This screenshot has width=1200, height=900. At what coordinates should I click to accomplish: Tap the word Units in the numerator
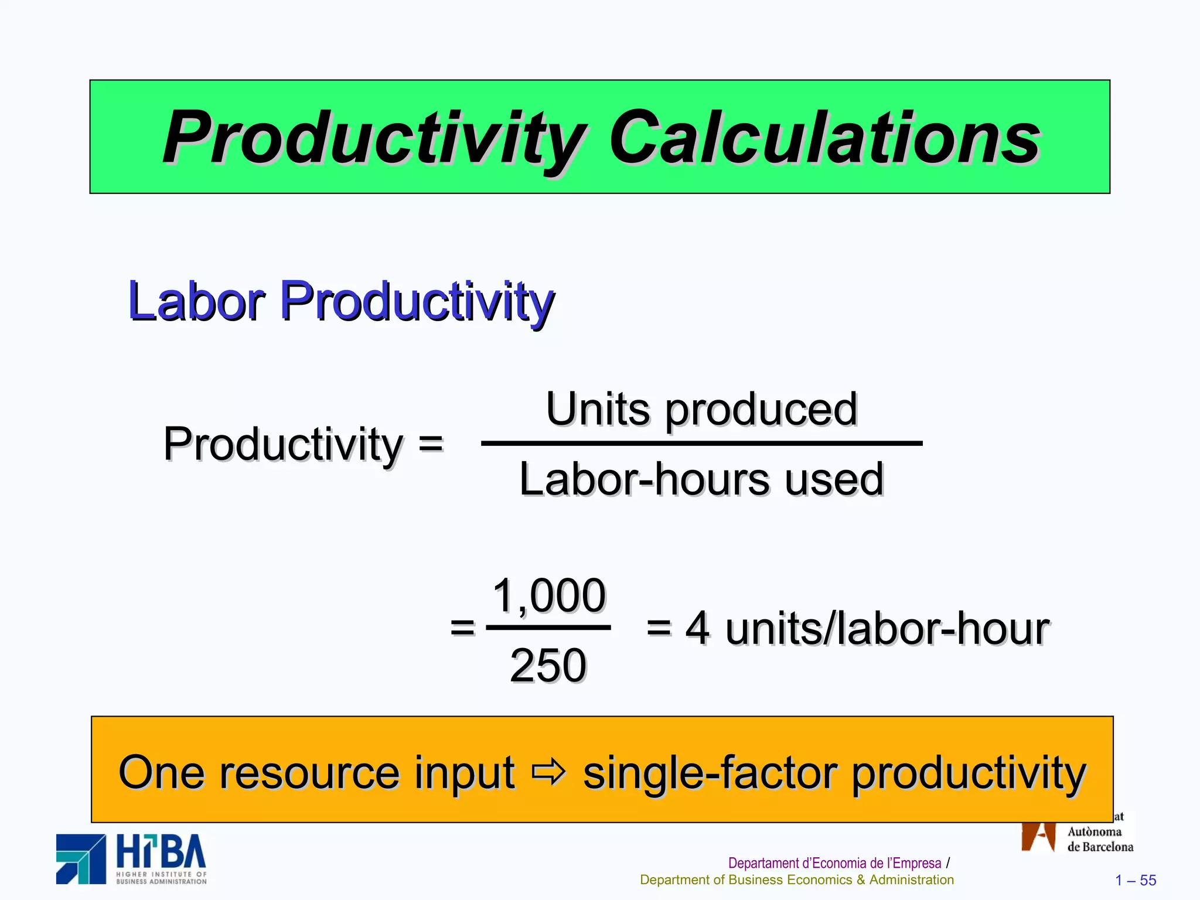point(598,409)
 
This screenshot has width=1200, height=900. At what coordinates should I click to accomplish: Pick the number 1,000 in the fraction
point(549,595)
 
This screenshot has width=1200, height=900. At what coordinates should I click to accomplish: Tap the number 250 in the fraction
point(548,666)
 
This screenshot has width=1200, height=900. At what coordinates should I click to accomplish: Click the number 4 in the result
point(697,629)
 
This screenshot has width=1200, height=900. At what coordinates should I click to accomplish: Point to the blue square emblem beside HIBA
point(81,859)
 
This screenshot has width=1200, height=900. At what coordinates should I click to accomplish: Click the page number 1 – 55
point(1136,880)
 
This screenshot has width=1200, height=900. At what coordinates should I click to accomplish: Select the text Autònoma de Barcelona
point(1100,839)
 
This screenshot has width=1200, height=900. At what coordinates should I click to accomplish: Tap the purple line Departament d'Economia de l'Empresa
point(834,863)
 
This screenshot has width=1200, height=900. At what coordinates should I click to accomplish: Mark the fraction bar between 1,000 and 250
point(548,628)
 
